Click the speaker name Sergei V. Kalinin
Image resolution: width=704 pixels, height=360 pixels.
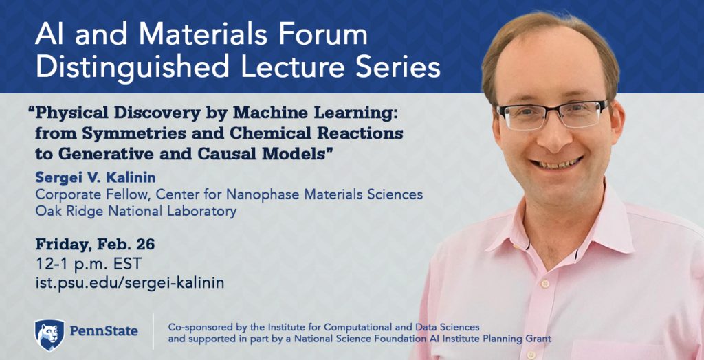pyautogui.click(x=96, y=177)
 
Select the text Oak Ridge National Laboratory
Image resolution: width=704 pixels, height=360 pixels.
pyautogui.click(x=136, y=211)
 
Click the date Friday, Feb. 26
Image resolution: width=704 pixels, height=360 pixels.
pyautogui.click(x=95, y=245)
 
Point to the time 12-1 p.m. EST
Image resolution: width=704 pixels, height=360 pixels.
pyautogui.click(x=89, y=264)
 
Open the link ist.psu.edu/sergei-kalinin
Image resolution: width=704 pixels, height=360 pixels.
pyautogui.click(x=130, y=283)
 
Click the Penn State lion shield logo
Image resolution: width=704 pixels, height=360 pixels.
pyautogui.click(x=49, y=335)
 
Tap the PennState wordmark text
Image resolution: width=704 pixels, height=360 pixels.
pyautogui.click(x=104, y=332)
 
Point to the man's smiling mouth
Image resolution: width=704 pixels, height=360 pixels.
pyautogui.click(x=556, y=163)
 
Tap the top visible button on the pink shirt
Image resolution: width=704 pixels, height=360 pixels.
pyautogui.click(x=544, y=284)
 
